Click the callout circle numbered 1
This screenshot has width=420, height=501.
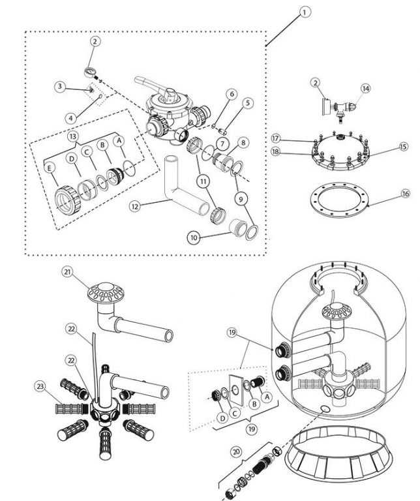tap(305, 12)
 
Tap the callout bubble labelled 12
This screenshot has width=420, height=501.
tap(135, 206)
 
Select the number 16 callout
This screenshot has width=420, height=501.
tap(405, 194)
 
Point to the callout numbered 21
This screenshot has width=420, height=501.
tap(67, 272)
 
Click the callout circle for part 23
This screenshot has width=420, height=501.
tap(40, 387)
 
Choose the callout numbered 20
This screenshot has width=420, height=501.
tap(236, 452)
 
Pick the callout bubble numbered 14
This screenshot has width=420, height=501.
tap(366, 89)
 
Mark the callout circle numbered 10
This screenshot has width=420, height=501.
tap(194, 237)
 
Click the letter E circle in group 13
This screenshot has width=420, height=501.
tap(50, 168)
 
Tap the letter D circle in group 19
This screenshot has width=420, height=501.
tap(222, 418)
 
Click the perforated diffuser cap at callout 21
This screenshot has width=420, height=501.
tap(106, 292)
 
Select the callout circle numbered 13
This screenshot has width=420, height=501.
tap(73, 137)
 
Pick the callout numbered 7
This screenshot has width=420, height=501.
tap(222, 144)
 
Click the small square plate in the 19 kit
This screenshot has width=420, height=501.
tap(236, 391)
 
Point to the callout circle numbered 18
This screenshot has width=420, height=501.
tap(276, 151)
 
